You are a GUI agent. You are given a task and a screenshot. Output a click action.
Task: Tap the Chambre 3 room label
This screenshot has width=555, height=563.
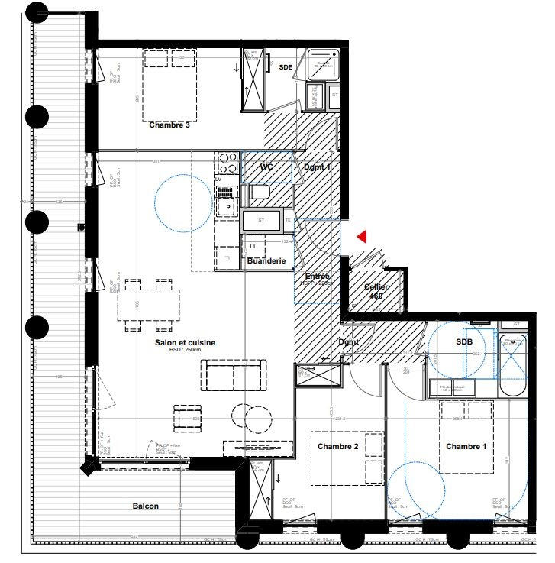[x=169, y=125]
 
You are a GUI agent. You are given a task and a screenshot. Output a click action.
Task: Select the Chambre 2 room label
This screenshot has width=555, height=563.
[x=338, y=447]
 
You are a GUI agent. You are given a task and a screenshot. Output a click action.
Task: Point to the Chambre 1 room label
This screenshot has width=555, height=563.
[x=466, y=447]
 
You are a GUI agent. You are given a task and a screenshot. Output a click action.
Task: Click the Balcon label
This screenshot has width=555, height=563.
[x=146, y=506]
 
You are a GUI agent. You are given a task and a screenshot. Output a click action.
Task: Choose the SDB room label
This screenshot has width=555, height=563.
[x=464, y=342]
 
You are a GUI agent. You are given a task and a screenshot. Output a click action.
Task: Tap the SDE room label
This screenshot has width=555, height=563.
[x=286, y=67]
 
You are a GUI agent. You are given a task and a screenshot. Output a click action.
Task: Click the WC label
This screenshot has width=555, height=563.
[x=267, y=167]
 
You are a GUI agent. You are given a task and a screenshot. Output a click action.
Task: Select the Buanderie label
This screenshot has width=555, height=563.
[x=266, y=261]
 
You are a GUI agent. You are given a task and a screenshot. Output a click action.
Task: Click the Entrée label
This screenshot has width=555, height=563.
[x=318, y=276]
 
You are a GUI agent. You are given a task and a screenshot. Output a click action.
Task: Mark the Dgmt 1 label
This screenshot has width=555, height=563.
[x=317, y=167]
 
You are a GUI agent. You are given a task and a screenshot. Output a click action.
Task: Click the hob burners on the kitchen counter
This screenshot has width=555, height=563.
[x=227, y=163]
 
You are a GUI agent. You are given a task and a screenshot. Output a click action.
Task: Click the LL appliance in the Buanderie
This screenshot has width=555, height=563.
[x=254, y=246]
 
